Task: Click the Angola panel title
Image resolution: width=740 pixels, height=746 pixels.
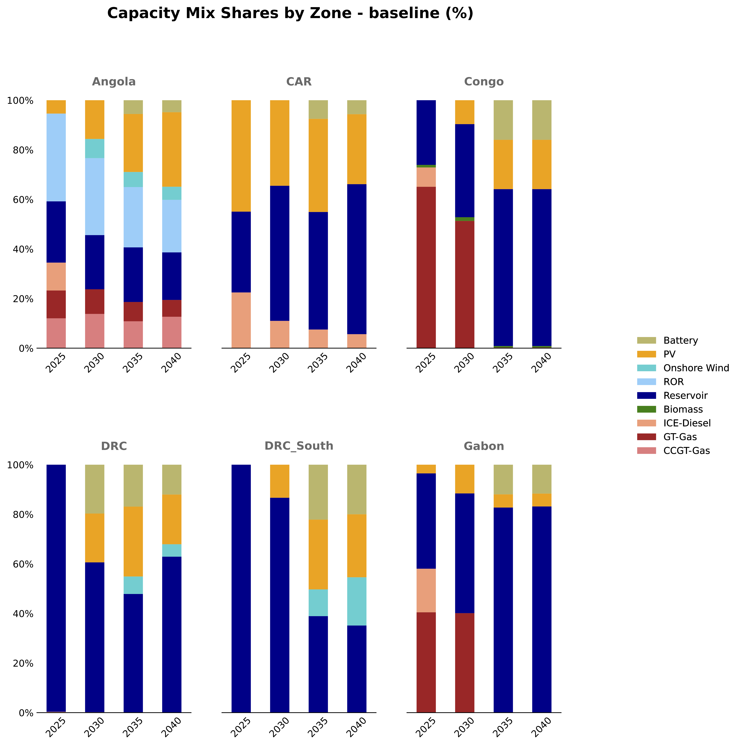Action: (x=114, y=82)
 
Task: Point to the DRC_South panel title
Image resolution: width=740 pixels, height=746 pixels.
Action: (x=299, y=446)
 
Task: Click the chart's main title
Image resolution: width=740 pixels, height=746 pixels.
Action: (x=290, y=14)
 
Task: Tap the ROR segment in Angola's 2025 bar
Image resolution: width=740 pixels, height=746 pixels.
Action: (x=56, y=157)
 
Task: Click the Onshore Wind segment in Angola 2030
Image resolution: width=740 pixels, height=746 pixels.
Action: (x=95, y=148)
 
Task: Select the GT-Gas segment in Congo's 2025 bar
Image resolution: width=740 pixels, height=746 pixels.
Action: (x=426, y=267)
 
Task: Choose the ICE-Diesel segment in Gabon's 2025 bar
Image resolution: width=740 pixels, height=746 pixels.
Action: (x=426, y=590)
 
